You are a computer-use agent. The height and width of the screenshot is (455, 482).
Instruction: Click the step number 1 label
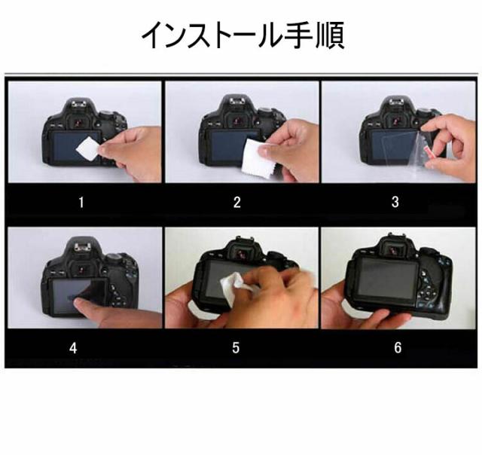(x=81, y=203)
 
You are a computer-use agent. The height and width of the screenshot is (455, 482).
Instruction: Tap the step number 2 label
(x=236, y=203)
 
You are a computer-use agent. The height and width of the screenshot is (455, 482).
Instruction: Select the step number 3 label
(x=395, y=202)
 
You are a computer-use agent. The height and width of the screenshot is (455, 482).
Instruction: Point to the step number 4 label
(x=73, y=348)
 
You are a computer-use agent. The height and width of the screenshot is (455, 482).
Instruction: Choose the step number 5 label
(x=236, y=347)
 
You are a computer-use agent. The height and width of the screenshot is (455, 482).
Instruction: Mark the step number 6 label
(x=398, y=347)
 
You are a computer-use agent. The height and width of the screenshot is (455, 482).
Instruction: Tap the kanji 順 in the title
(x=330, y=35)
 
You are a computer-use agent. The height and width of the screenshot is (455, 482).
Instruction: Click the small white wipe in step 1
(x=88, y=149)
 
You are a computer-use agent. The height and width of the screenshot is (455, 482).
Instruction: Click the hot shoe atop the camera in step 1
(x=81, y=102)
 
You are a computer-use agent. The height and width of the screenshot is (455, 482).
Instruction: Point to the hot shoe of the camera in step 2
(x=238, y=99)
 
